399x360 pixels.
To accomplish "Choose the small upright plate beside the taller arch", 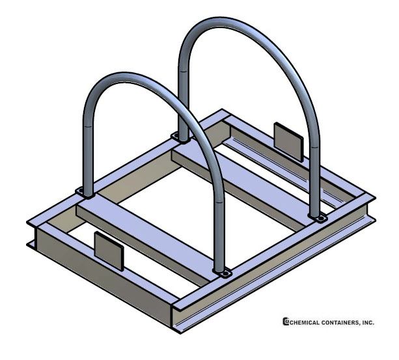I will click(288, 142).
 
